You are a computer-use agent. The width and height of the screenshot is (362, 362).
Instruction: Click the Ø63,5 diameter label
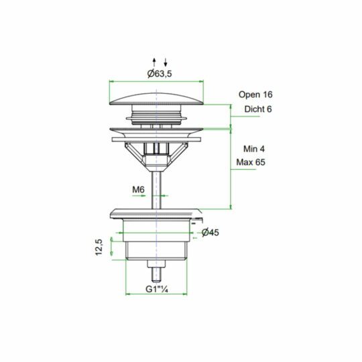(x=160, y=74)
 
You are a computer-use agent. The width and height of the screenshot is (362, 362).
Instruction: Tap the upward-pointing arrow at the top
(x=154, y=62)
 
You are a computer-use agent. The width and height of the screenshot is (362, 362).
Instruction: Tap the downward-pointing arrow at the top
(x=166, y=62)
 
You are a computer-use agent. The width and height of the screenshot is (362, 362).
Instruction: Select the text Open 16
(x=255, y=95)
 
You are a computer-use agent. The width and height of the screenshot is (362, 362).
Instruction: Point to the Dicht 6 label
(x=258, y=109)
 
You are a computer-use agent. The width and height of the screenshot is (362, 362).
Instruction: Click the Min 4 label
(x=254, y=149)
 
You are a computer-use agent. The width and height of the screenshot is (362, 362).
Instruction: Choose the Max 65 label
(x=251, y=162)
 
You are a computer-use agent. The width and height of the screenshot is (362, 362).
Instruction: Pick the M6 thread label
(x=138, y=190)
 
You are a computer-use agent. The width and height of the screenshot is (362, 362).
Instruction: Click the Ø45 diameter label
(x=210, y=233)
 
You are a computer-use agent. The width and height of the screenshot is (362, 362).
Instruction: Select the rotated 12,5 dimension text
(x=99, y=247)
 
